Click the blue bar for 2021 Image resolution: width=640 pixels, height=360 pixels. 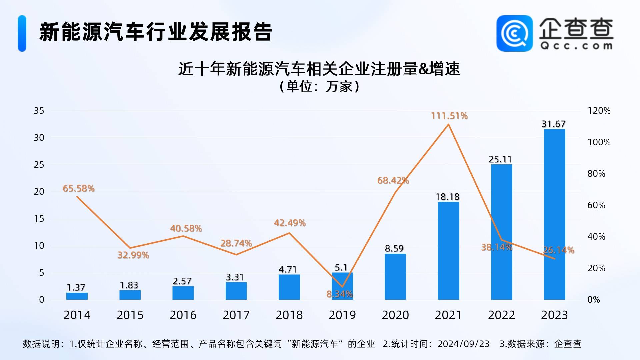(x=448, y=251)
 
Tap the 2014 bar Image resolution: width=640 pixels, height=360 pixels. (x=77, y=296)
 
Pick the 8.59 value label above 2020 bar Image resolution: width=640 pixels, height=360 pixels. (x=394, y=248)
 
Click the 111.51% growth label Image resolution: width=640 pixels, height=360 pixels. (x=449, y=116)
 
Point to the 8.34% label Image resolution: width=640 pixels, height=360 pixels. (x=339, y=294)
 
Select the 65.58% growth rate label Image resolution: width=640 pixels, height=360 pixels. (x=79, y=188)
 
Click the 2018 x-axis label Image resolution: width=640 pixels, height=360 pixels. (x=289, y=315)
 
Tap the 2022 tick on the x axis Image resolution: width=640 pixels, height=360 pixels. (x=501, y=315)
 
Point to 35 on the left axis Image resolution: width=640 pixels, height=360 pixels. (x=39, y=111)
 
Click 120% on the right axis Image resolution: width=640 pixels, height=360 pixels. (x=599, y=111)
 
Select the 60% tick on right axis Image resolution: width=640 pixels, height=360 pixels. (x=596, y=205)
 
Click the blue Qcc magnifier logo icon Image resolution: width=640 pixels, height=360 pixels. (x=515, y=33)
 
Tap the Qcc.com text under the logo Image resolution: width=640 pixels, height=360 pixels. (x=576, y=46)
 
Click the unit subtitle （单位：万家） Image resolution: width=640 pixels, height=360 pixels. (x=319, y=86)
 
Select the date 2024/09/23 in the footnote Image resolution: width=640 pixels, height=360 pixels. (x=463, y=344)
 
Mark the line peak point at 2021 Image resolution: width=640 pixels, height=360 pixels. (x=448, y=124)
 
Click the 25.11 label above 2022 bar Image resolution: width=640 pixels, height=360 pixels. (x=500, y=159)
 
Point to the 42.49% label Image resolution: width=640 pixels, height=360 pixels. (x=290, y=223)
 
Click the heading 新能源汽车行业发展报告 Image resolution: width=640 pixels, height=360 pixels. (x=156, y=32)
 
